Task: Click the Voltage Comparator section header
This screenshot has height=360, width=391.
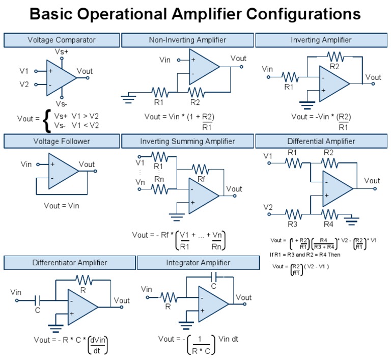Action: (62, 40)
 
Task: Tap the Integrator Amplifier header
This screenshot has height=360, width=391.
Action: (198, 263)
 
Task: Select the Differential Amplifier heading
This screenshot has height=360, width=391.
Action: (321, 141)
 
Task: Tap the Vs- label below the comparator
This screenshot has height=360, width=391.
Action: (62, 103)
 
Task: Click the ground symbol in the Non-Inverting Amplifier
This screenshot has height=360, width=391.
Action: (129, 95)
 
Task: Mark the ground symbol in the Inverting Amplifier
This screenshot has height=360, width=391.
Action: (306, 105)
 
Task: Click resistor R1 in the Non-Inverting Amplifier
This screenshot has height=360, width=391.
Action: (159, 92)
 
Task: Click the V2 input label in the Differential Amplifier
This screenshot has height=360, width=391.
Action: (268, 207)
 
